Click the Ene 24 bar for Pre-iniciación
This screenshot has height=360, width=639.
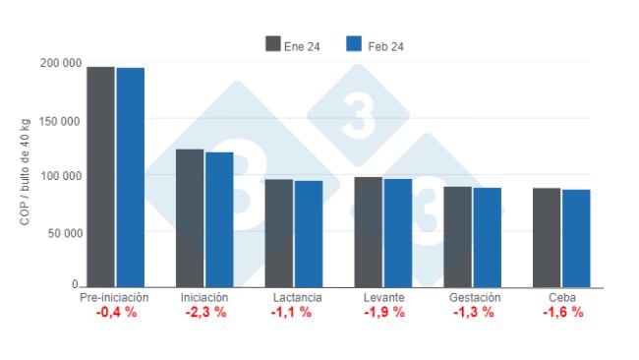point(100,177)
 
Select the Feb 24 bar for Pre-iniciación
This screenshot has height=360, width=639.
point(130,178)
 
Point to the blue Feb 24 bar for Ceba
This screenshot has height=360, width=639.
point(576,238)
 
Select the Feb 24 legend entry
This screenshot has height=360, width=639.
point(376,44)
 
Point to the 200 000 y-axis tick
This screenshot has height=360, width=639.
point(61,64)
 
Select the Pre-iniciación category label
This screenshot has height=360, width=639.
point(114,297)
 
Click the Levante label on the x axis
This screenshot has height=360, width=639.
point(382,297)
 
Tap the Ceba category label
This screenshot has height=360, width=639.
point(562,297)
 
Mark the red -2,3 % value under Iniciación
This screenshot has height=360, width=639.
point(205,312)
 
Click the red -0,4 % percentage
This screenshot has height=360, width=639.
point(115,312)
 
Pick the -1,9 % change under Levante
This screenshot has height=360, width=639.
point(382,312)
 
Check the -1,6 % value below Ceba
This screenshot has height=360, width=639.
point(562,312)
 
